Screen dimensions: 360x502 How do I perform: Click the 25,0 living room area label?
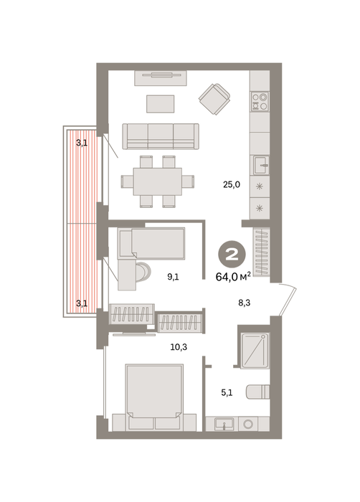click(x=232, y=185)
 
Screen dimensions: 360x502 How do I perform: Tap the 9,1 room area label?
click(x=173, y=277)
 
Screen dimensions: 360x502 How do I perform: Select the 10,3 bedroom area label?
click(x=179, y=346)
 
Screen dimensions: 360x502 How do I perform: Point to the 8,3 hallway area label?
click(x=244, y=303)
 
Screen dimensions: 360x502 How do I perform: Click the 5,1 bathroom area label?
click(x=227, y=392)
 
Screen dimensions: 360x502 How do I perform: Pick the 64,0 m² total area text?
click(x=233, y=277)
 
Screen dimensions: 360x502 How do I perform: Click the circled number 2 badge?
click(x=232, y=255)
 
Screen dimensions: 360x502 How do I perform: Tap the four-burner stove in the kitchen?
click(x=260, y=101)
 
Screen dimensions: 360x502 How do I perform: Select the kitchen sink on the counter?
click(x=261, y=165)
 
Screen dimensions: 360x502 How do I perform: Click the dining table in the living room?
click(x=158, y=181)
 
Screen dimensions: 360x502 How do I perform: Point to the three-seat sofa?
click(x=161, y=136)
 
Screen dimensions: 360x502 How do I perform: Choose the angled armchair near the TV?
click(x=214, y=99)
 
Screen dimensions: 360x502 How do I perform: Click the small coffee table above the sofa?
click(x=161, y=104)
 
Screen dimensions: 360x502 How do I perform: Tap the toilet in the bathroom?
click(x=258, y=392)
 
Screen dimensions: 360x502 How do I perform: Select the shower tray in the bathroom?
click(x=255, y=351)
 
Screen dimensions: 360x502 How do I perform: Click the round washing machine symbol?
click(x=248, y=425)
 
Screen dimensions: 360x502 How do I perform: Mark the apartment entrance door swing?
click(x=288, y=300)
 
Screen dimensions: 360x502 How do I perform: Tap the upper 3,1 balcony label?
click(x=82, y=143)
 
